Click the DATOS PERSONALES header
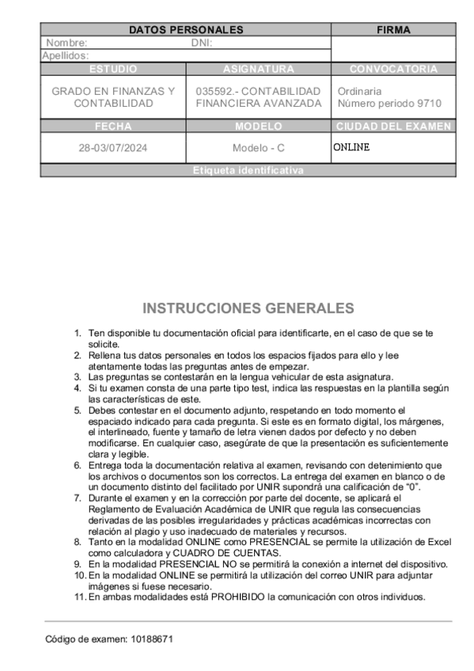(185, 30)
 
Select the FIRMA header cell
(393, 30)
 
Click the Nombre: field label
(66, 43)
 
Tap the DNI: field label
(202, 43)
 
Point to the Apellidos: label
(65, 55)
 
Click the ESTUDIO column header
(113, 69)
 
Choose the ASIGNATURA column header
(258, 69)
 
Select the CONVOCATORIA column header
(393, 69)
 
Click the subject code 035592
(215, 91)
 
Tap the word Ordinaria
(359, 91)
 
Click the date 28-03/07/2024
(113, 148)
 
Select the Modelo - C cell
(258, 148)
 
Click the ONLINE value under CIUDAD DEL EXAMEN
(351, 147)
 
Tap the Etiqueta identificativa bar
(248, 170)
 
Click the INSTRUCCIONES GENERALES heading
(248, 308)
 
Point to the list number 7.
(78, 498)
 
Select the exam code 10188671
(150, 639)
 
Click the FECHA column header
(113, 126)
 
